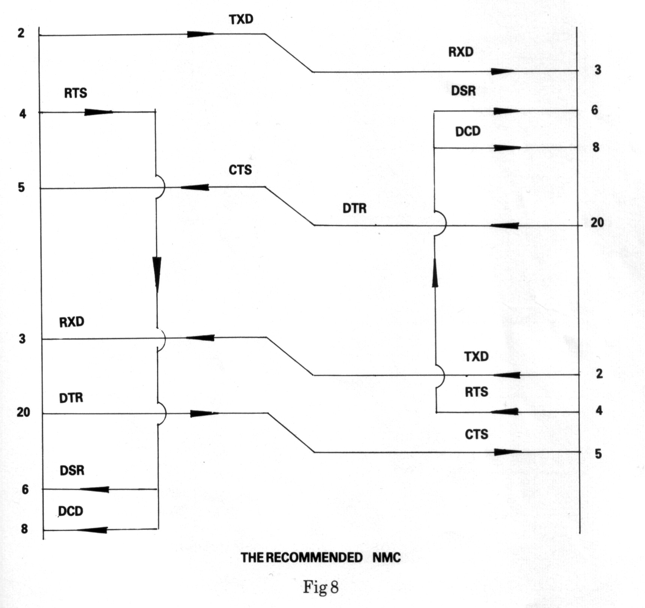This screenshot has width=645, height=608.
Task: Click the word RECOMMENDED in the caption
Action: pos(314,557)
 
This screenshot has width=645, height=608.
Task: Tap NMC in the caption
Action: pos(387,557)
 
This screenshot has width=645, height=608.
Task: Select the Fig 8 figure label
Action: pos(321,587)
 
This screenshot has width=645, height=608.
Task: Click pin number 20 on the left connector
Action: pos(23,412)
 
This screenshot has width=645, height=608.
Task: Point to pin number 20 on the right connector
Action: pos(597,222)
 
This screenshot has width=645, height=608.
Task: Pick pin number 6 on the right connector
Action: pos(594,110)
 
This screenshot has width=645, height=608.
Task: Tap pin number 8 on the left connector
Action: pos(24,529)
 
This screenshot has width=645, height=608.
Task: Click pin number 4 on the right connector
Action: pos(599,410)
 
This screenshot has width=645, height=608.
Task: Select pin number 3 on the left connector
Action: pos(22,339)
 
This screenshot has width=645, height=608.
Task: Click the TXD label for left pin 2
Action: pos(241,19)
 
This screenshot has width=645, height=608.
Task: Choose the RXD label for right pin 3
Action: pos(461,52)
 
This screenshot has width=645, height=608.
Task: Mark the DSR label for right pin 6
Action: pos(463,90)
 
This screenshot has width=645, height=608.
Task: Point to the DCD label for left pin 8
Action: pos(71,511)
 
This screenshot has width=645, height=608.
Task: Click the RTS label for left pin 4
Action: pos(75,93)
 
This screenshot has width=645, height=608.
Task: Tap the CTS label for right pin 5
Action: pos(477,434)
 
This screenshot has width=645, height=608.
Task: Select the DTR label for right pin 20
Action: pos(354,208)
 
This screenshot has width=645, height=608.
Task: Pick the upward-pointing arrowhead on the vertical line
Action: pos(435,273)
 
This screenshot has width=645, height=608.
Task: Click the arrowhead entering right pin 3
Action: pos(502,71)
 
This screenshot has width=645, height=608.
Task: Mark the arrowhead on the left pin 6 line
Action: pos(94,489)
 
